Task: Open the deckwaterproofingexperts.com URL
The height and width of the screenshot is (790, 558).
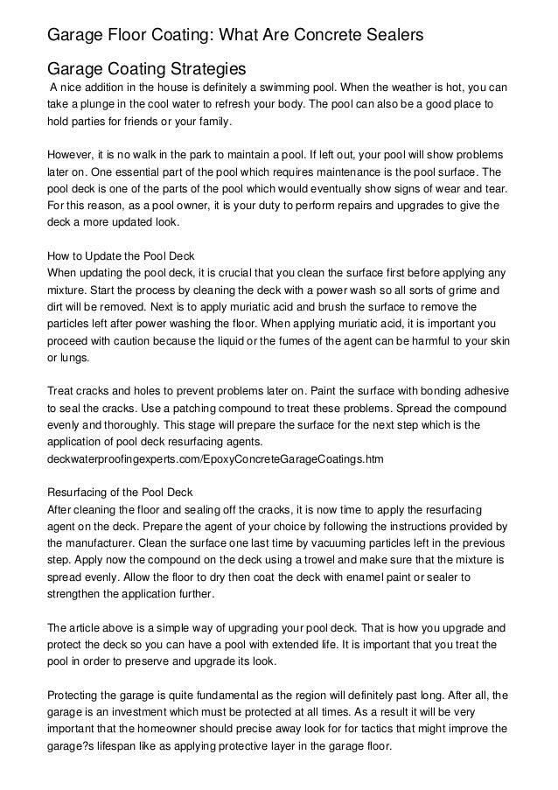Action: tap(214, 458)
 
